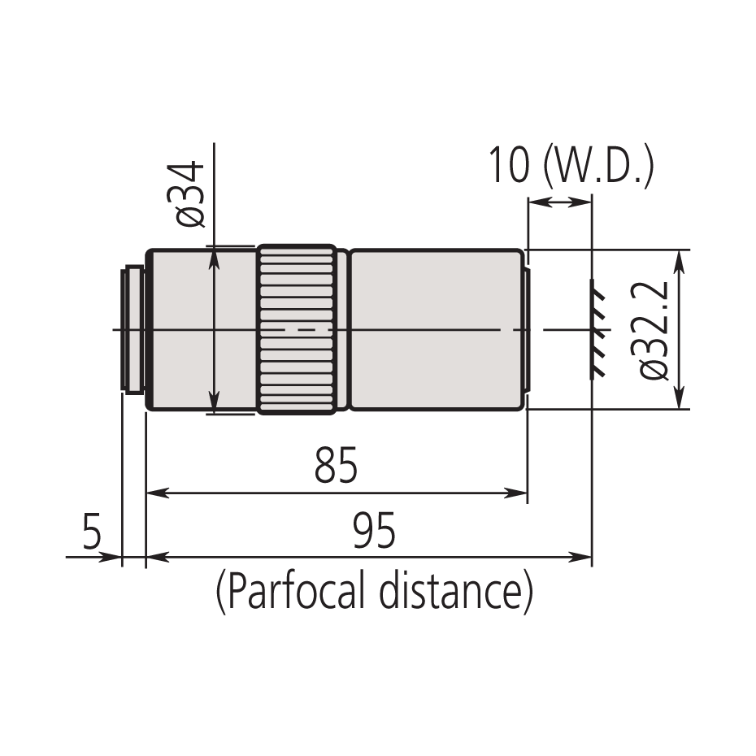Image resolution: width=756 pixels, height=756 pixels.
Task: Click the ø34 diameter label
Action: pos(189,195)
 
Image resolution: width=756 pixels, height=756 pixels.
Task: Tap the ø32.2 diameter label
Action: pos(654,329)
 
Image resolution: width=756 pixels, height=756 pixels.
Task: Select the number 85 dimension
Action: pos(336,467)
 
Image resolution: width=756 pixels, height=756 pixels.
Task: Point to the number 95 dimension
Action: pos(374,532)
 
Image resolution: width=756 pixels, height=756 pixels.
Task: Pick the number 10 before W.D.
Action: pos(509,167)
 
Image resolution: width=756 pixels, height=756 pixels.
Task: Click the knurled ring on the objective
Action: pos(297,329)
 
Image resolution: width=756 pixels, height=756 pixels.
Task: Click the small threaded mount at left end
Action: pos(133,329)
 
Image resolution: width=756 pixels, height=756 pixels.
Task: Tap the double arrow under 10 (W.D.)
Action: pos(559,202)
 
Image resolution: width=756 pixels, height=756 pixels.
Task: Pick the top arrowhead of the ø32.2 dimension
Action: pos(679,258)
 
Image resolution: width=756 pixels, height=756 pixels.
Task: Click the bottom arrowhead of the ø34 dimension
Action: pos(215,403)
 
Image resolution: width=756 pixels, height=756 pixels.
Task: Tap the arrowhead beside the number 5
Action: pos(112,558)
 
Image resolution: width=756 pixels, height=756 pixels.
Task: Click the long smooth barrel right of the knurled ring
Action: pos(437,329)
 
